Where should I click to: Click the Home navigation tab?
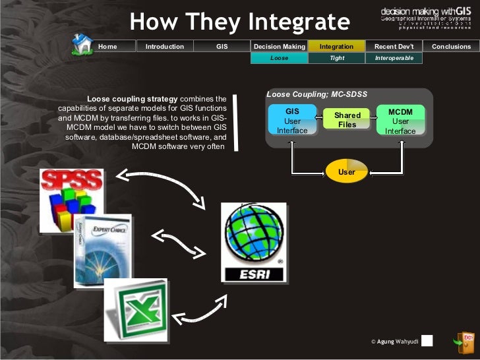[x=107, y=47]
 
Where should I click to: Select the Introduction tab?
[x=164, y=47]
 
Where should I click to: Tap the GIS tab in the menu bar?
[x=222, y=47]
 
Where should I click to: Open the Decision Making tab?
[x=280, y=47]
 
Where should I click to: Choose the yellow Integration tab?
[x=336, y=47]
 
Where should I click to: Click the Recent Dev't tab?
[x=394, y=47]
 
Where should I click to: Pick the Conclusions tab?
[x=451, y=47]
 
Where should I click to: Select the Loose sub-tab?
[x=280, y=58]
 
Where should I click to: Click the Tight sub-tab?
[x=336, y=58]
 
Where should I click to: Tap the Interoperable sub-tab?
[x=394, y=58]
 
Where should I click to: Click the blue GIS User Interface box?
[x=292, y=121]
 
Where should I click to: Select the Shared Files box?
[x=347, y=119]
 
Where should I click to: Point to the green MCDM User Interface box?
[x=400, y=121]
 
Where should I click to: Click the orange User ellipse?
[x=346, y=171]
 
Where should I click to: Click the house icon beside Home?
[x=82, y=44]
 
